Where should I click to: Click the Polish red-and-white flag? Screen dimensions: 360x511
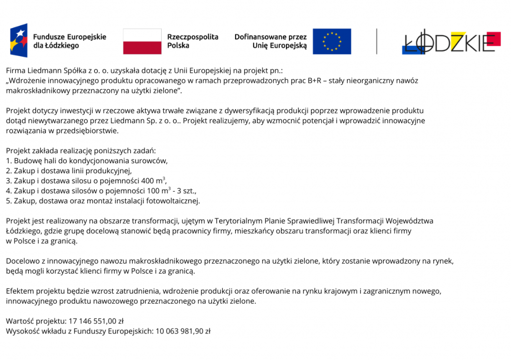[142, 41]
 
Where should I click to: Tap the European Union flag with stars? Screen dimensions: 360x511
[332, 41]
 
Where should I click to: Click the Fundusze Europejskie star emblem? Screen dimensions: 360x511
[19, 40]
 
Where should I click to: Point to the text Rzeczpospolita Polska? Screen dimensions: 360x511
[193, 41]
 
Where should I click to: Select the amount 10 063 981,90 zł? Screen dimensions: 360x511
[183, 331]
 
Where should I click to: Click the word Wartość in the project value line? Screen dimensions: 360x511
[19, 321]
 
